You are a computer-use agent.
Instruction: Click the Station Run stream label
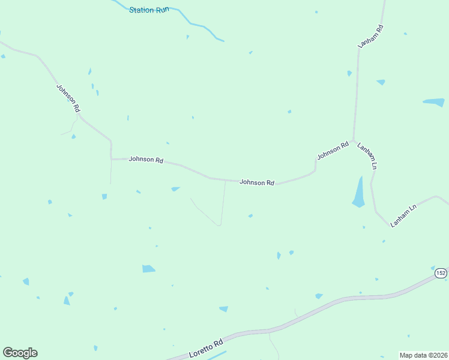click(x=149, y=10)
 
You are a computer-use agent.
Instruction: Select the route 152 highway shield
click(x=441, y=273)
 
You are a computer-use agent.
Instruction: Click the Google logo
click(x=20, y=353)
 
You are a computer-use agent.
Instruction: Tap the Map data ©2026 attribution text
click(x=423, y=355)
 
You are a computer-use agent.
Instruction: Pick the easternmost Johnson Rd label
click(x=333, y=151)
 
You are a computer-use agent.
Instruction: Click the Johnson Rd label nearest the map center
click(x=257, y=182)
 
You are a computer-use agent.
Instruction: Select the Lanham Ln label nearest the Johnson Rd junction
click(x=367, y=155)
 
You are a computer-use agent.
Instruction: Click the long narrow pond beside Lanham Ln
click(x=359, y=193)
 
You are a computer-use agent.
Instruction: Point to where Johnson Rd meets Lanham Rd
click(x=354, y=139)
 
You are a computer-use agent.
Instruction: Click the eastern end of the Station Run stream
click(x=223, y=41)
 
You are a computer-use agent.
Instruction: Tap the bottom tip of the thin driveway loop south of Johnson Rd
click(x=219, y=225)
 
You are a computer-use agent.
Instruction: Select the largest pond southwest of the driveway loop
click(x=148, y=268)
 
